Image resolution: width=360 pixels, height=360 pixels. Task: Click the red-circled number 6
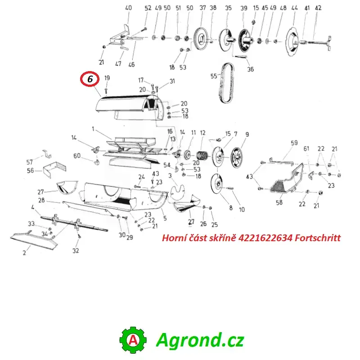[90, 79]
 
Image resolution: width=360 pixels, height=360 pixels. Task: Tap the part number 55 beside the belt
[214, 76]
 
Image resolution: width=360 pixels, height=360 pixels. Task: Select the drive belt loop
[227, 83]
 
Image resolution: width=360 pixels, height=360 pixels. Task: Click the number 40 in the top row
[128, 8]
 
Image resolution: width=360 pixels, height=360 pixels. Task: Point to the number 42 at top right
[318, 8]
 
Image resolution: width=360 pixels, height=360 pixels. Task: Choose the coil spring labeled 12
[202, 156]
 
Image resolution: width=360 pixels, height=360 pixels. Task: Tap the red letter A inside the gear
[133, 340]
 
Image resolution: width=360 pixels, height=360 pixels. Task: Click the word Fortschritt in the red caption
[318, 238]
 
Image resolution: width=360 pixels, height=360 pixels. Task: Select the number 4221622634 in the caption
[265, 238]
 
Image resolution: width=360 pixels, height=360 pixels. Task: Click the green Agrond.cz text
[200, 340]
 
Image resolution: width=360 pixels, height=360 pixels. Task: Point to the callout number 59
[294, 143]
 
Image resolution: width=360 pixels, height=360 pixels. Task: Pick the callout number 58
[279, 202]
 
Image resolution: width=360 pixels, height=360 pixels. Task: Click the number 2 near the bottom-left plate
[24, 253]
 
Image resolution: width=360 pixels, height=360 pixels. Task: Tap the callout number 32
[76, 251]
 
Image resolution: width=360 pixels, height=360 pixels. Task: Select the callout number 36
[250, 69]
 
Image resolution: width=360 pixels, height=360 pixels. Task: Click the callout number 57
[30, 162]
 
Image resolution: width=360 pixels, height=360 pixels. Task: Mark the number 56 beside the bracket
[30, 171]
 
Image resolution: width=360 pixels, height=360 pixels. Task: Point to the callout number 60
[77, 156]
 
